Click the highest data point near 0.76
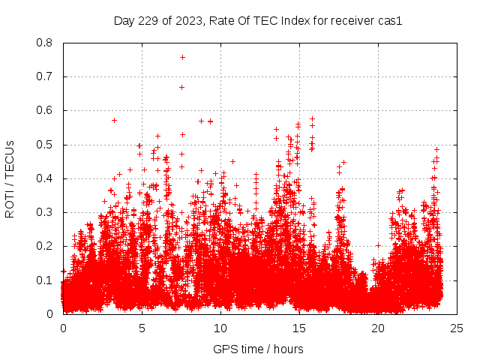tap(182, 57)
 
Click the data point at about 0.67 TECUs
tap(181, 87)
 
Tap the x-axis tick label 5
tap(142, 328)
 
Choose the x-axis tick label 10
tap(220, 328)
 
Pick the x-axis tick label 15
tap(299, 328)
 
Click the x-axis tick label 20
tap(378, 328)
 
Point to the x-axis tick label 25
tap(457, 328)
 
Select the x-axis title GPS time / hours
tap(258, 349)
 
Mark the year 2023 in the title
tap(187, 21)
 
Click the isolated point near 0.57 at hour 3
tap(114, 120)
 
